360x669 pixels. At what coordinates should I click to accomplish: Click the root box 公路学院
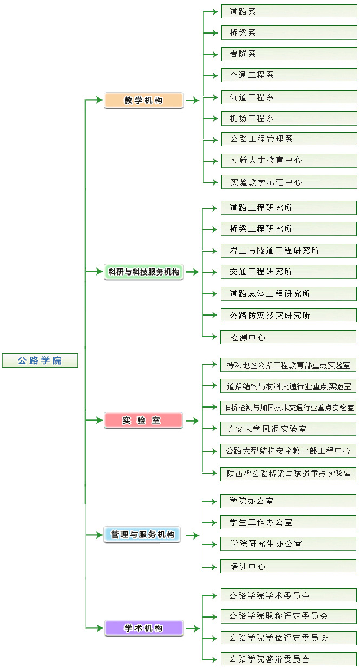[40, 360]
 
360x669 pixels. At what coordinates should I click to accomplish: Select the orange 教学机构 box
[143, 100]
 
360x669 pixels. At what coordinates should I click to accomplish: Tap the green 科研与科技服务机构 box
[143, 272]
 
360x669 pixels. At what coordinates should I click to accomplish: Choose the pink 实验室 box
[143, 420]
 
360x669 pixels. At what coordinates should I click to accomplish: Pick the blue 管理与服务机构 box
[143, 535]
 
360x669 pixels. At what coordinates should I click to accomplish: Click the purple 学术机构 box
[143, 628]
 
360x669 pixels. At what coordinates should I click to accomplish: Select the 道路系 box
[289, 11]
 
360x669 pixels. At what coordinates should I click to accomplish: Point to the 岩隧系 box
[289, 54]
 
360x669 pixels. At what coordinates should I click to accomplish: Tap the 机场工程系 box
[289, 118]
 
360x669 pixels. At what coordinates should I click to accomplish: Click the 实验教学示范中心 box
[289, 182]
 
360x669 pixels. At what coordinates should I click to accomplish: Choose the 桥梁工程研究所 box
[289, 229]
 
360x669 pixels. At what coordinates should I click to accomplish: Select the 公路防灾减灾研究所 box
[289, 315]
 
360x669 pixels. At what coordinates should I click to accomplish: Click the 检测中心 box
[289, 337]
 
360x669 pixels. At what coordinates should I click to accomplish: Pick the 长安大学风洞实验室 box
[288, 429]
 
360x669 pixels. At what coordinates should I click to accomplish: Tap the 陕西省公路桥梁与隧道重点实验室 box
[288, 474]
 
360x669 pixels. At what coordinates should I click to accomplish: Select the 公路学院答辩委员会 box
[289, 659]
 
